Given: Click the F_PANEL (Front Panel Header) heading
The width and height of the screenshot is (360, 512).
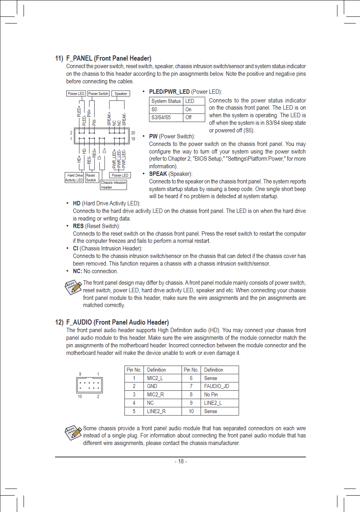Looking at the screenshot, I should coord(103,59).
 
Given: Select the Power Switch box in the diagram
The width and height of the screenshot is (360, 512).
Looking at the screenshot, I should coord(98,94).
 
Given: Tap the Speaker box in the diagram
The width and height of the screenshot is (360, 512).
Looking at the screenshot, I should coord(121,94).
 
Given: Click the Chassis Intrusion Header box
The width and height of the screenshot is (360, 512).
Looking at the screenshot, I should coord(113,185).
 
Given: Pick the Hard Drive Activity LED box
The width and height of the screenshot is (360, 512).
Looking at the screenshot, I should coord(75,177).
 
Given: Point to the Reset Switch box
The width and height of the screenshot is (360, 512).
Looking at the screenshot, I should coord(91,177).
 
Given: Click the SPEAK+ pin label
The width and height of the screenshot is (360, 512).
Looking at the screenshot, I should coord(109,118).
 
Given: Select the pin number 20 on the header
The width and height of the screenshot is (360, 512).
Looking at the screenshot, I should coord(133,133).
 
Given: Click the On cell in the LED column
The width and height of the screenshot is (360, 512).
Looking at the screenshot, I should coord(188,109).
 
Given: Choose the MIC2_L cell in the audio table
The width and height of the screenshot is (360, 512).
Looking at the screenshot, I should coord(155,378).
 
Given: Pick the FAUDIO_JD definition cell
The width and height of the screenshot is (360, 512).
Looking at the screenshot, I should coord(216,386).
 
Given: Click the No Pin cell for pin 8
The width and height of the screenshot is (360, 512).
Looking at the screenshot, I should coord(211,395).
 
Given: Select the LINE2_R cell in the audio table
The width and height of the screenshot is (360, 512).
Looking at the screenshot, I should coord(156,411).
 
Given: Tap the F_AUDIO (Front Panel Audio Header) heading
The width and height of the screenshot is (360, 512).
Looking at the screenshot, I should coord(112,322).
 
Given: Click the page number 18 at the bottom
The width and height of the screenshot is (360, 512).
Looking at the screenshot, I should coord(180,461).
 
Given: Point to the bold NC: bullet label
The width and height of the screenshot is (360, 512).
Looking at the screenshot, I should coord(77,271).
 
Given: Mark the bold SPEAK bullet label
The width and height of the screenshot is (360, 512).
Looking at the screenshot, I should coord(158,174).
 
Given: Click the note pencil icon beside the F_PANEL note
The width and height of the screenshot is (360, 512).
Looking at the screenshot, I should coord(73,287).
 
